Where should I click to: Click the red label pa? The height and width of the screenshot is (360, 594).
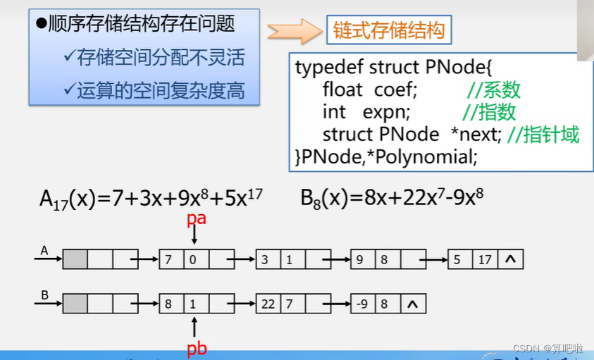point(196,218)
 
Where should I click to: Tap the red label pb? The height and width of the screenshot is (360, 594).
point(197,347)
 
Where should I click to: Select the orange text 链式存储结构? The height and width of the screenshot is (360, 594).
point(388,31)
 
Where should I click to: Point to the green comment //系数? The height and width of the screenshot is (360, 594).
point(493,90)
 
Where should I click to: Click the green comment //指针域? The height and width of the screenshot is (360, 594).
point(543,134)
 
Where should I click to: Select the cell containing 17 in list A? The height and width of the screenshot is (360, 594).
point(485,260)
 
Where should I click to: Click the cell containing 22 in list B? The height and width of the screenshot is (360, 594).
point(268,304)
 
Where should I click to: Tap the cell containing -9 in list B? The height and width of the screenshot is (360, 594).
point(363,304)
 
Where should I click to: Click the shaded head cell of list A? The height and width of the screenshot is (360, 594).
point(75,260)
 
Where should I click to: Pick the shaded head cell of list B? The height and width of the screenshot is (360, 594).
point(75,304)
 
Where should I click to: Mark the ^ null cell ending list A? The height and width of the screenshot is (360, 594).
point(510,260)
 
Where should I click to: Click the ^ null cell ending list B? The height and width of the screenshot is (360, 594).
point(414,304)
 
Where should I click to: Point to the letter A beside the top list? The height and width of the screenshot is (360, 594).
point(44,250)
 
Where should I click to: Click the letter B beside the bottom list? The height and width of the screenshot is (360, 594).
point(44,294)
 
